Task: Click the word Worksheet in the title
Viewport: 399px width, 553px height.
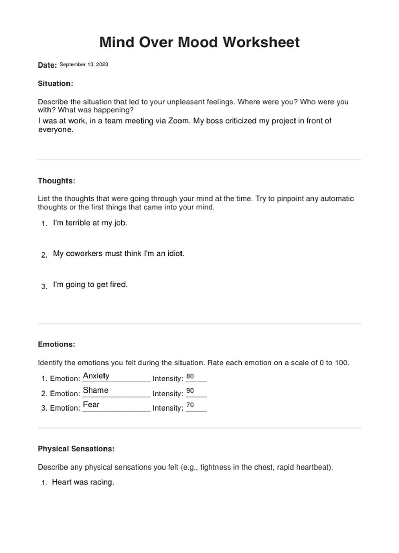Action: point(261,42)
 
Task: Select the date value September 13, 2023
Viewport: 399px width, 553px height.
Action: point(84,64)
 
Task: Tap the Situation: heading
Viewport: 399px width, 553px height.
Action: point(55,83)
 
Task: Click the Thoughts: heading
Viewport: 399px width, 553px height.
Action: point(56,181)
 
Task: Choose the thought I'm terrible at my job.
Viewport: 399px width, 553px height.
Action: point(90,223)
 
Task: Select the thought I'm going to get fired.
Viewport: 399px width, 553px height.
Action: point(90,284)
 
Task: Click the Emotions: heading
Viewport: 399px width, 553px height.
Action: point(56,344)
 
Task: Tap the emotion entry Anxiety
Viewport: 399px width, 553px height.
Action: point(96,376)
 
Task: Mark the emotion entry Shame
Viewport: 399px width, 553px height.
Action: point(96,390)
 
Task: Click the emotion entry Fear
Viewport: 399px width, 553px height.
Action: point(91,405)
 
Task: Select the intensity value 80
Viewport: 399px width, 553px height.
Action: point(190,376)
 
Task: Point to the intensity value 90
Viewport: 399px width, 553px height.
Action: point(190,390)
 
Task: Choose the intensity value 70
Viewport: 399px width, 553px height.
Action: point(190,405)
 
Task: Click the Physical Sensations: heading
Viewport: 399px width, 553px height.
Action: point(76,449)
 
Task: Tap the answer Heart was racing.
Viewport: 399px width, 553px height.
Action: point(83,482)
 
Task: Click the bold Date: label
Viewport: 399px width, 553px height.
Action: point(47,65)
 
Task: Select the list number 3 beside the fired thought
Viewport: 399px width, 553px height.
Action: point(44,286)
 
